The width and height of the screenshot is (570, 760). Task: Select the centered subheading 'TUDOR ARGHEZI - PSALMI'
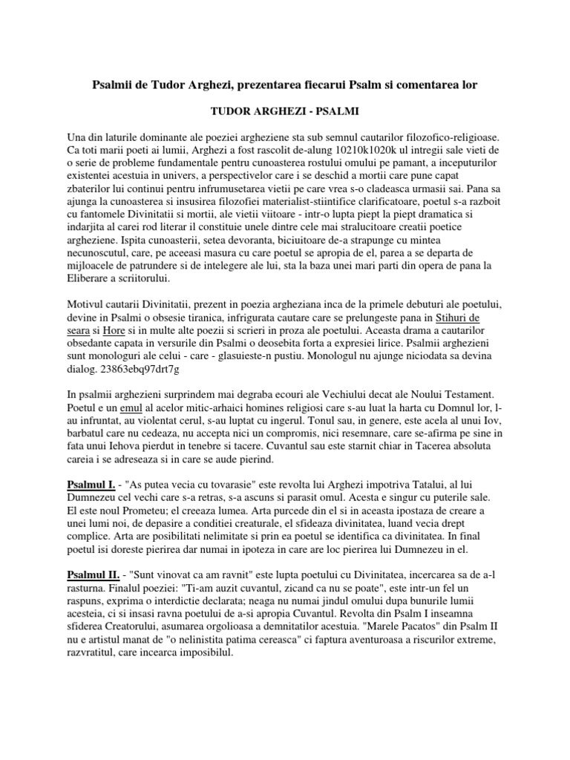[x=285, y=111]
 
